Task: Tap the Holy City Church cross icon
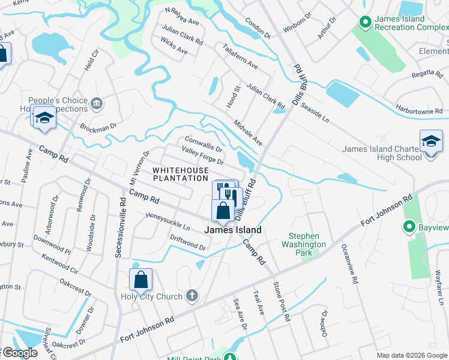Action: point(192,296)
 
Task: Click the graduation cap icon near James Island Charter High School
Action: point(431,142)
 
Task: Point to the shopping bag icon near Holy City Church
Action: point(140,280)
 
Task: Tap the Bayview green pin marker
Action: point(410,227)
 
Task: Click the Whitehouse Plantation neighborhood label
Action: point(180,174)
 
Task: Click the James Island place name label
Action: point(234,230)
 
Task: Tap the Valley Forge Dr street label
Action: point(203,157)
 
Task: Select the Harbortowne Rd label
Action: point(419,110)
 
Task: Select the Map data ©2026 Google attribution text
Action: point(411,355)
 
